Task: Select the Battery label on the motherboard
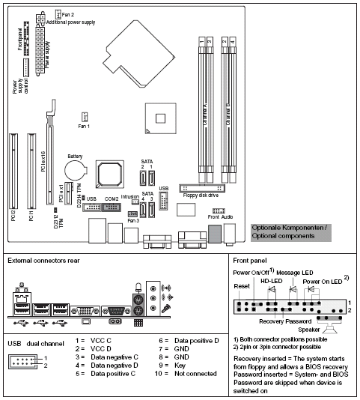pos(75,156)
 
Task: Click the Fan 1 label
pos(85,126)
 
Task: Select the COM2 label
pos(111,199)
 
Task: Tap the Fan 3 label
pos(132,220)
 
